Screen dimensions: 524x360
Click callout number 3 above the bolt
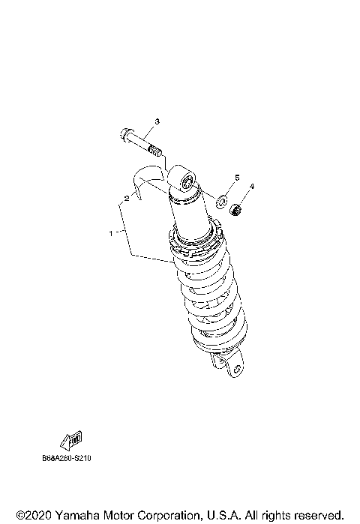pyautogui.click(x=157, y=121)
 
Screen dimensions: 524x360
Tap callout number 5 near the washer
pyautogui.click(x=237, y=177)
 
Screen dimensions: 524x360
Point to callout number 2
pyautogui.click(x=127, y=199)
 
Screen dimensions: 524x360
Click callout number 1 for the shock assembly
pyautogui.click(x=111, y=233)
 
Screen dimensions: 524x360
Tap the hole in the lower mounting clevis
pyautogui.click(x=235, y=369)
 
